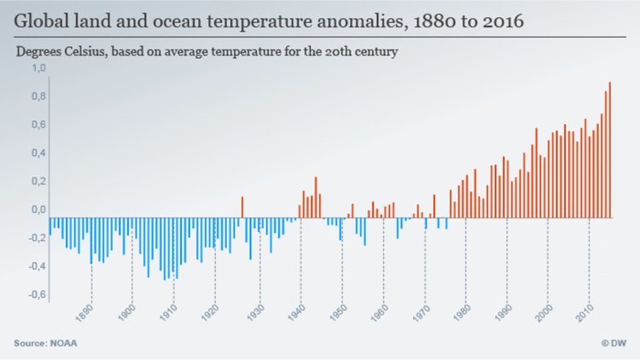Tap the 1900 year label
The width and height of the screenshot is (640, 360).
click(125, 311)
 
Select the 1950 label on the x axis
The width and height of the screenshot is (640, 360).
click(335, 311)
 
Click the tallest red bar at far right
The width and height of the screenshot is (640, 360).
click(610, 149)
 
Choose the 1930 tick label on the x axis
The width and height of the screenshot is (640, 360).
click(253, 311)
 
